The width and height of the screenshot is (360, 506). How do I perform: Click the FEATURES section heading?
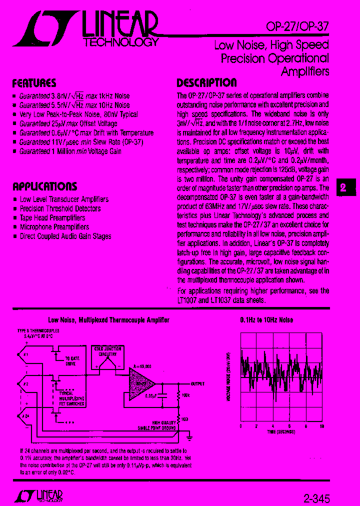tap(34, 83)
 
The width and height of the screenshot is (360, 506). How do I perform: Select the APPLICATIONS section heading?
tap(44, 186)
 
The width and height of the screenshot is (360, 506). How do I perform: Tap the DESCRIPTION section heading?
tap(206, 83)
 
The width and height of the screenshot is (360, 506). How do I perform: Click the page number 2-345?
tap(316, 498)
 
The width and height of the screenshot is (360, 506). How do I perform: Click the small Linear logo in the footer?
tap(38, 495)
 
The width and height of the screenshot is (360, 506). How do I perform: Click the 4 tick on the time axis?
tap(272, 426)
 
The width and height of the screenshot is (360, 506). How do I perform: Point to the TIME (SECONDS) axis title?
tap(281, 431)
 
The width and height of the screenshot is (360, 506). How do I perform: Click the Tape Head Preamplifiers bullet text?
tap(52, 218)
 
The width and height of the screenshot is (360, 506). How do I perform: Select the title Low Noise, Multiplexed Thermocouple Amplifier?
tap(108, 320)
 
